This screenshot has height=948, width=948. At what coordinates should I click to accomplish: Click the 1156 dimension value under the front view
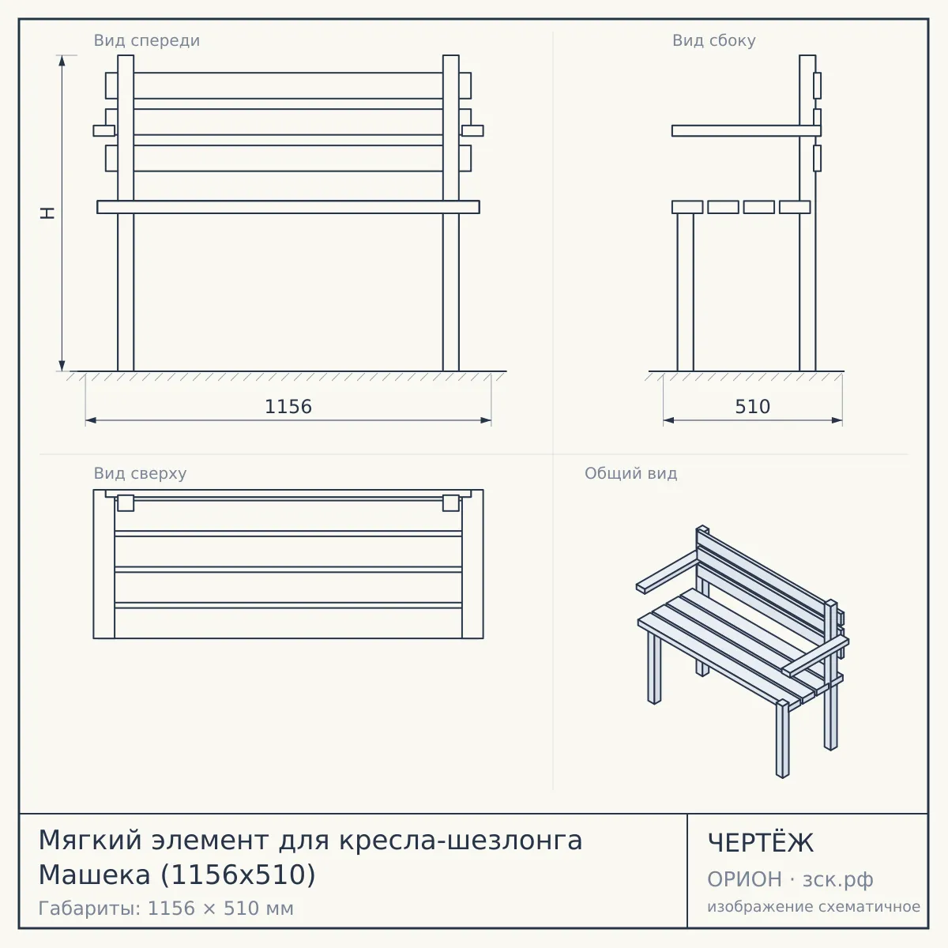coord(288,407)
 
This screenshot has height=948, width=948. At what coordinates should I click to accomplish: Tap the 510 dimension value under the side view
coord(752,407)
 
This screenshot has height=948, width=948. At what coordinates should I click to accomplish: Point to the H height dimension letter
coord(47,213)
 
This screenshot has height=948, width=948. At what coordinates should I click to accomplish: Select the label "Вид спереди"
coord(147,40)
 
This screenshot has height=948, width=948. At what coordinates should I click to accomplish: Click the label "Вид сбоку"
coord(714,40)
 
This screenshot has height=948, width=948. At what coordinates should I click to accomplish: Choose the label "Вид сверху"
coord(140,473)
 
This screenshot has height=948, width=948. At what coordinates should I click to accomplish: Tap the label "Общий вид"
coord(630,473)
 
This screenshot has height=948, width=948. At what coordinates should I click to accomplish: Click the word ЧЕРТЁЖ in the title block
coord(760,843)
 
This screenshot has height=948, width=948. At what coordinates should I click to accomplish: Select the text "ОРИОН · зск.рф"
coord(790,879)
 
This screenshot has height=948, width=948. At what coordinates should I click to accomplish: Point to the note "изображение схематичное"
coord(814,906)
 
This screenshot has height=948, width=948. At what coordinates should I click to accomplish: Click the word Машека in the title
coord(94,875)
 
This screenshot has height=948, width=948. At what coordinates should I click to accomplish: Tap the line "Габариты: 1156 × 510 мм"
coord(166,908)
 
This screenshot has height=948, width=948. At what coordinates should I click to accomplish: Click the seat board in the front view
coord(288,207)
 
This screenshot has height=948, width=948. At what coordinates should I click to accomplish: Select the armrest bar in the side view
coord(747,131)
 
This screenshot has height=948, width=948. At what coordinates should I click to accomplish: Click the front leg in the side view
coord(685,292)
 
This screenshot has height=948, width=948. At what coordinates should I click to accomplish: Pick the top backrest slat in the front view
coord(288,85)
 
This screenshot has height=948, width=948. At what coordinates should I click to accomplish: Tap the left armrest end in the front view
coord(104,131)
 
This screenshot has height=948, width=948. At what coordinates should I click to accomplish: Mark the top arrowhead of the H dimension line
coord(62,60)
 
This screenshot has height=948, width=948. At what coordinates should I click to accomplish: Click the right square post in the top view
coord(450,503)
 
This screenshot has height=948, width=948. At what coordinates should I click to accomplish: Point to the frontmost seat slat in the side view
coord(687,207)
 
